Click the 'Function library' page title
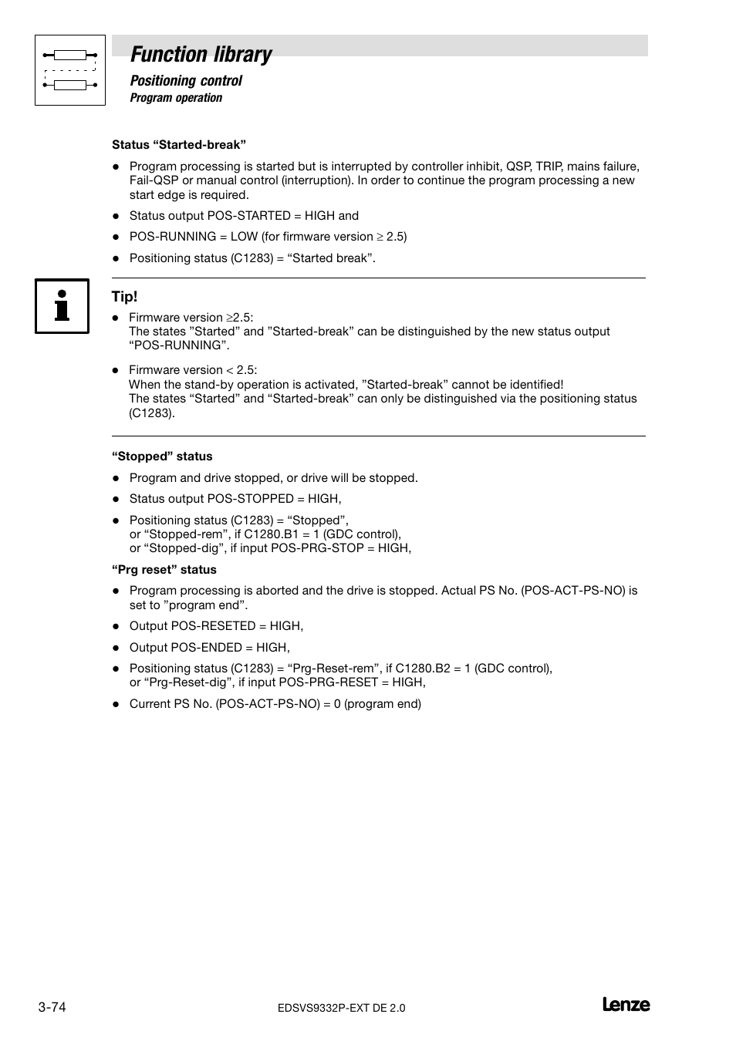(x=201, y=54)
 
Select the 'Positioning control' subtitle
(x=186, y=81)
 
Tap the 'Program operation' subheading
(x=176, y=98)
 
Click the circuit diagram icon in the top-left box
(x=70, y=70)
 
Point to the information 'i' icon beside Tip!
(x=62, y=306)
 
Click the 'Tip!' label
(x=124, y=297)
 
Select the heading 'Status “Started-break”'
(x=179, y=145)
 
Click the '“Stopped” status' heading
(x=162, y=456)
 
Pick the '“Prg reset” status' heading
(x=164, y=570)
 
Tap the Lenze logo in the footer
(x=626, y=1005)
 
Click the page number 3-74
(x=52, y=1007)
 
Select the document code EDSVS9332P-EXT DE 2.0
(x=340, y=1008)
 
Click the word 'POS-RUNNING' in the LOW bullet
(x=173, y=237)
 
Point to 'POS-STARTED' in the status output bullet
(x=249, y=216)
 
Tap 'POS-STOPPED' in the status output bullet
(x=251, y=499)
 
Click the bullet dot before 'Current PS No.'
(x=116, y=704)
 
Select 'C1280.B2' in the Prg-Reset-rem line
(x=423, y=669)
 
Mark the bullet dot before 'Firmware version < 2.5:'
(x=116, y=371)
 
